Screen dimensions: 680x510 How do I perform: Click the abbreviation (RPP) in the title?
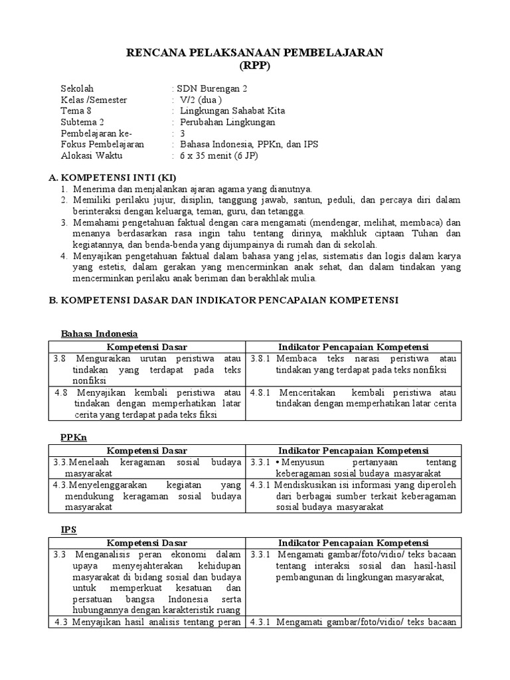pos(255,66)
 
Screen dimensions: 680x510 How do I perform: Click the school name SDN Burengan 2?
pos(211,88)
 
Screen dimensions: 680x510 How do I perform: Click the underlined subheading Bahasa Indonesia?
pos(99,333)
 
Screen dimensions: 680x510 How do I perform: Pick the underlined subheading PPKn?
pos(74,438)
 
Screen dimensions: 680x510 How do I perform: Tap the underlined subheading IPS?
pos(68,530)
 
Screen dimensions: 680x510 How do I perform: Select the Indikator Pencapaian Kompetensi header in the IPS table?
pos(353,543)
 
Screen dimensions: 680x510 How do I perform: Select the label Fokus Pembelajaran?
pos(102,145)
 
